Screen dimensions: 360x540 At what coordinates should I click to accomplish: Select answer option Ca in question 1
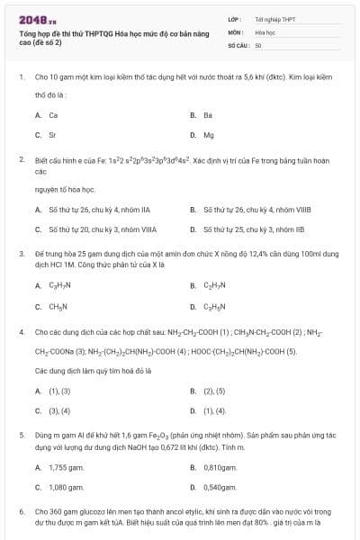click(x=53, y=115)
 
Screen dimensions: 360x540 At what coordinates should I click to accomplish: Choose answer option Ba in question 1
click(x=207, y=115)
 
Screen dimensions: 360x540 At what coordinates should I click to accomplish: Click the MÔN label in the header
click(x=235, y=31)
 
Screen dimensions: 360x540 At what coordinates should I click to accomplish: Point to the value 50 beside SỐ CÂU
click(x=258, y=44)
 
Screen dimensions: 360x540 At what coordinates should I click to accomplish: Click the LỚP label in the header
click(x=235, y=17)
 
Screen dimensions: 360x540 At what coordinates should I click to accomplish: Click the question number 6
click(x=22, y=510)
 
